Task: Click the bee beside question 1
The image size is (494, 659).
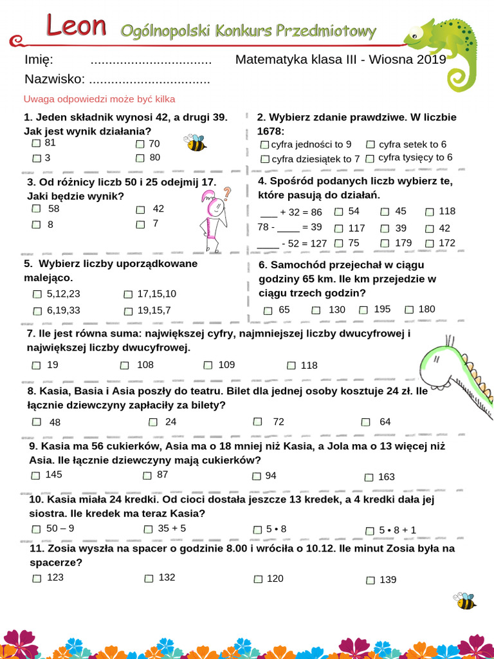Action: coord(195,142)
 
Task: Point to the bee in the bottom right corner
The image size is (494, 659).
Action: coord(464,601)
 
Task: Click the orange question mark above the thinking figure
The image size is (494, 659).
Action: coord(226,192)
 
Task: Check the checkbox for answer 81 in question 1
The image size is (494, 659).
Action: coord(37,144)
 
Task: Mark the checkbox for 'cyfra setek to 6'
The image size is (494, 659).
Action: coord(370,145)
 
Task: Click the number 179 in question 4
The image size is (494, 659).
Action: coord(403,243)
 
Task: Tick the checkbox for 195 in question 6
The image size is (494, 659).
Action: coord(362,310)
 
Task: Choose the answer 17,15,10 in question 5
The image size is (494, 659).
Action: coord(157,293)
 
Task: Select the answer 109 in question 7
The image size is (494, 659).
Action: coord(226,365)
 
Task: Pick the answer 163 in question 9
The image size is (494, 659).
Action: coord(387,477)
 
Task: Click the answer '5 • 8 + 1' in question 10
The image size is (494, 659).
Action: coord(398,530)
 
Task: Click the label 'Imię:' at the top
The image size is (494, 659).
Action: coord(38,60)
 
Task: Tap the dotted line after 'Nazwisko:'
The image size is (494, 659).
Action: coord(149,80)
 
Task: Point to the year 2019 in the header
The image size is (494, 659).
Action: coord(432,60)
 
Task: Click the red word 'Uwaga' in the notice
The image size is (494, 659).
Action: coord(37,99)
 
